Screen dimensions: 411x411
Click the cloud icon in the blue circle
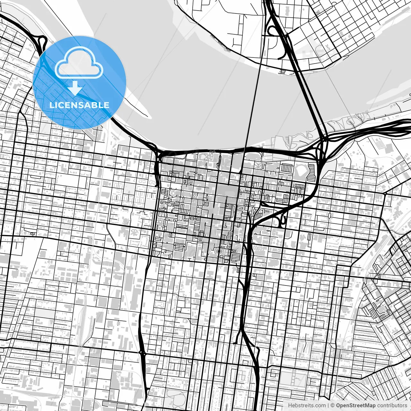tap(79, 63)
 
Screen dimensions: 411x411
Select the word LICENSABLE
tap(79, 105)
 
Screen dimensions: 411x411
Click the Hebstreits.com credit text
tap(307, 406)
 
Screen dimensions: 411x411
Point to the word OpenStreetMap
tap(356, 406)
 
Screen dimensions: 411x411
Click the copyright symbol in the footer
tap(333, 406)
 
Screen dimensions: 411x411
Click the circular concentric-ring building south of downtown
tap(220, 251)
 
